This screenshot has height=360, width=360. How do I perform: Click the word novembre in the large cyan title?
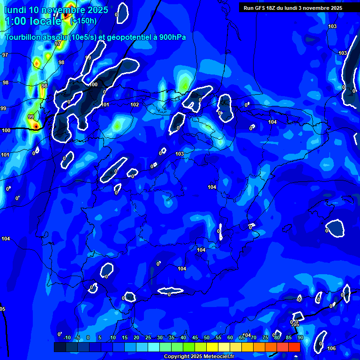coord(64,10)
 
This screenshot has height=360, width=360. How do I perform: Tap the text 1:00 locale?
coord(33,21)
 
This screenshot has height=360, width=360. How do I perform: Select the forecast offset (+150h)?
coord(83,21)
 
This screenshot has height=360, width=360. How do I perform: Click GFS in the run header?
coord(260,8)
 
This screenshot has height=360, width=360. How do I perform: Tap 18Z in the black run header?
coord(272,8)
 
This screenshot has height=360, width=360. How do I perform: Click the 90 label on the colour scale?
coord(300,338)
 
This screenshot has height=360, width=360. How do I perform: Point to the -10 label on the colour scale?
coord(66,338)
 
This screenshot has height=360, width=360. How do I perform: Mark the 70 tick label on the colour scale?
coord(254,338)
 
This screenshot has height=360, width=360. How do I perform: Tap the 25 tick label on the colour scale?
coord(148,338)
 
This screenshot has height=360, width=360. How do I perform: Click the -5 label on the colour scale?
coord(77,338)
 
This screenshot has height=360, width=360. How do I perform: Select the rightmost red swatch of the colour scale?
coord(294,347)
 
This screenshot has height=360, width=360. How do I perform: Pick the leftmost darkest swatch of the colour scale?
coord(60,347)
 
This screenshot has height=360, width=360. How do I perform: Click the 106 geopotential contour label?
coord(331,348)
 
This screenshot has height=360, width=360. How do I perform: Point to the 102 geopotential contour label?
coord(135,105)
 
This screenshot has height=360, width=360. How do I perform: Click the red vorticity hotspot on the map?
coord(36,126)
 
